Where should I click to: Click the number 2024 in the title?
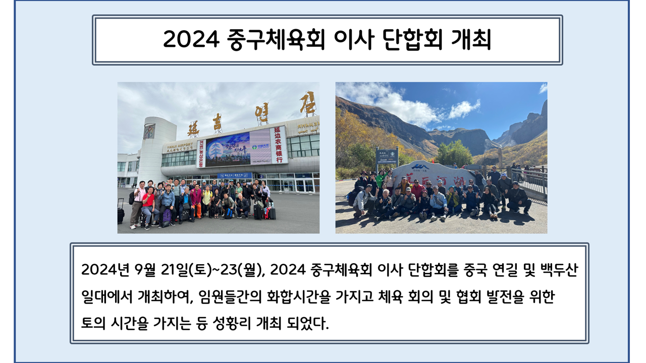pyautogui.click(x=191, y=39)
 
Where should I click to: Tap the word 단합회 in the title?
pyautogui.click(x=413, y=40)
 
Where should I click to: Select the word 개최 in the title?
pyautogui.click(x=471, y=40)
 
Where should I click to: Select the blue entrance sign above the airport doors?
pyautogui.click(x=235, y=175)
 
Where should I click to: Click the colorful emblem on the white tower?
pyautogui.click(x=149, y=131)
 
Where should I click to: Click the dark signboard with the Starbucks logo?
pyautogui.click(x=387, y=156)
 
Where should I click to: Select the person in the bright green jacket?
pyautogui.click(x=381, y=179)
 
